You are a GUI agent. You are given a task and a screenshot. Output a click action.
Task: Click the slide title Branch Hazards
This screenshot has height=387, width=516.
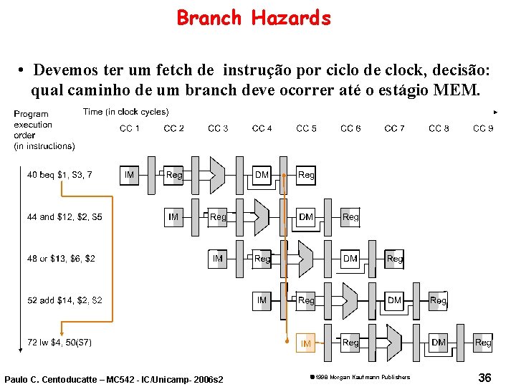point(254,17)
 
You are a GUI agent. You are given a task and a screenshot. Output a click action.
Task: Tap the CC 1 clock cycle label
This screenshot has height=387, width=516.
point(130,128)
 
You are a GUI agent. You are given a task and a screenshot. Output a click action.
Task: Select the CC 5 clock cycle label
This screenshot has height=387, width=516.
point(306,128)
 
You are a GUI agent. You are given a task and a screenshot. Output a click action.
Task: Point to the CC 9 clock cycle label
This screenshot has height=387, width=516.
point(483,128)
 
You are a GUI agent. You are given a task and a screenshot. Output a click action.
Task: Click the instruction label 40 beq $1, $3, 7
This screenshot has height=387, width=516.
point(59,174)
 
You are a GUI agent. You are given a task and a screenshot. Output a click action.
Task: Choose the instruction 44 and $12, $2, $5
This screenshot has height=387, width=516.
point(64,216)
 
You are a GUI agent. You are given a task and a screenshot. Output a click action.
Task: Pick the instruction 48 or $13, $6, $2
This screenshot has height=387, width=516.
point(61,258)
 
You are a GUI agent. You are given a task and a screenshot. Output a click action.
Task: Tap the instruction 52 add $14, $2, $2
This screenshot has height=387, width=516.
point(64,300)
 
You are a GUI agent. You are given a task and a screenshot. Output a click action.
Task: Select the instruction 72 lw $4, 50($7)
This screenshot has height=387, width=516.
point(59,343)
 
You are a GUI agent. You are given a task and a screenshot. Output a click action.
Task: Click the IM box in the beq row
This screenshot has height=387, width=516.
point(129,174)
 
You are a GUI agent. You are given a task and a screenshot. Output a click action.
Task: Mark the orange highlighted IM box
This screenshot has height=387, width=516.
point(306,343)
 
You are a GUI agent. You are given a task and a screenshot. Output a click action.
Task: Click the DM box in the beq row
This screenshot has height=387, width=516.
point(262,174)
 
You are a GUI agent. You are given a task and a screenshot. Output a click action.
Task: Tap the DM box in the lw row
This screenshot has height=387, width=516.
point(439,343)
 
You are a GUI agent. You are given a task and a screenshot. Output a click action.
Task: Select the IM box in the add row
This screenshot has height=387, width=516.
point(262,300)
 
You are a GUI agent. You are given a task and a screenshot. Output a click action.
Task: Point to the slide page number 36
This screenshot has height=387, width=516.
point(484,377)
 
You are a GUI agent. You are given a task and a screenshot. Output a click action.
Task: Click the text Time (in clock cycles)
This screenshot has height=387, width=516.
point(125,112)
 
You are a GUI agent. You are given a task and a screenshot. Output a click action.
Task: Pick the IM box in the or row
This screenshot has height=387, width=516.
point(217,258)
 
